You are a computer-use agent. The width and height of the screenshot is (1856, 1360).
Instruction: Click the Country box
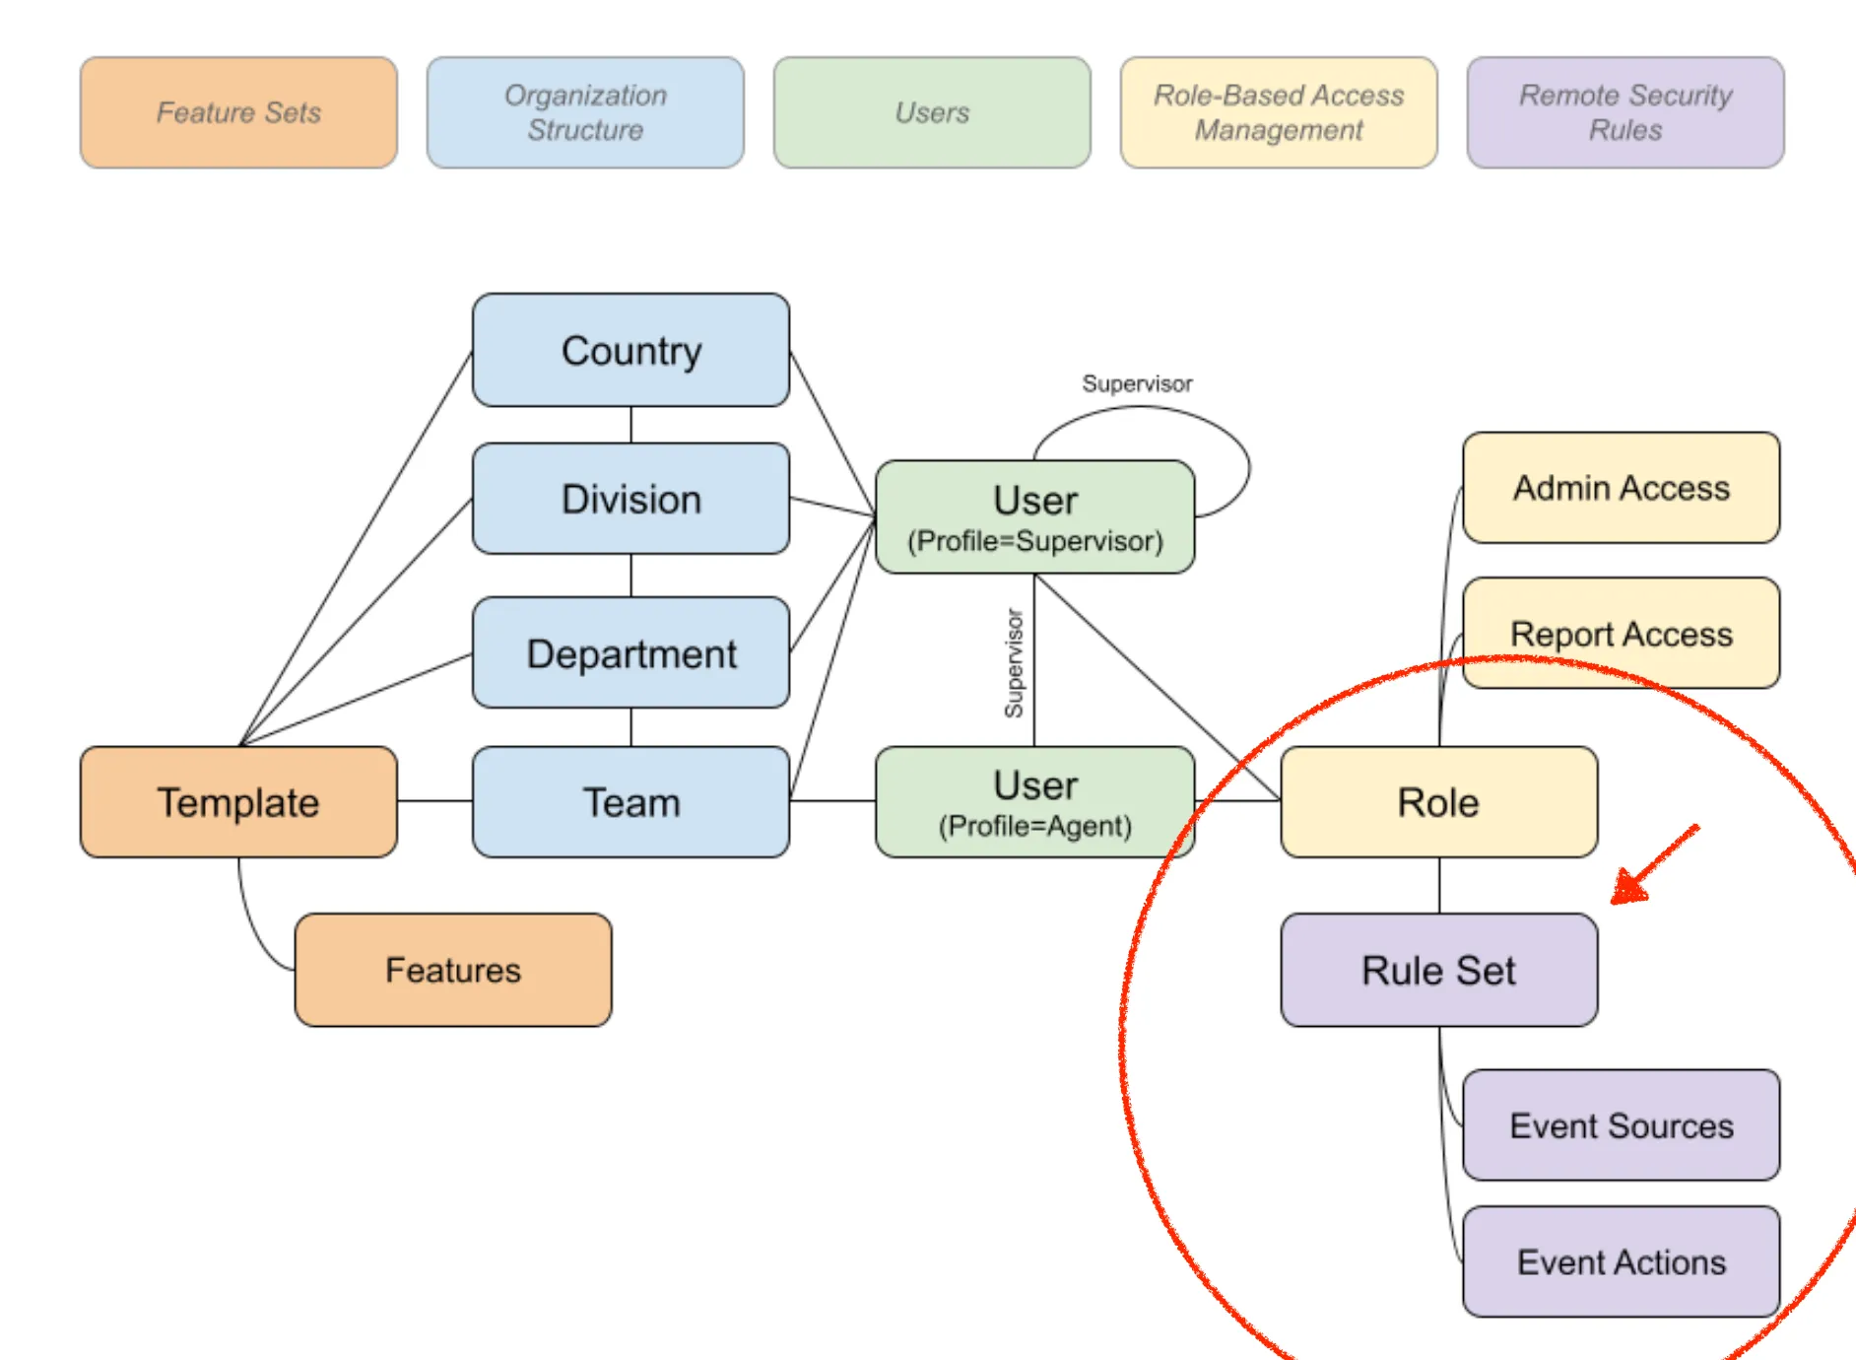pos(630,350)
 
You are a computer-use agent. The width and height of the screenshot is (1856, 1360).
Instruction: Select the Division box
pos(630,499)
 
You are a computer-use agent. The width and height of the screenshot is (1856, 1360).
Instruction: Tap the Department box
pos(630,652)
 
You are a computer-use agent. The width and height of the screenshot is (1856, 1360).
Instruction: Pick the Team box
pos(630,802)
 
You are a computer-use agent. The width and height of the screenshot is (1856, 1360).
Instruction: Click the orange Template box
pos(238,802)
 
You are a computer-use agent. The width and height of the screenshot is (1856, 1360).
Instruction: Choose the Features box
pos(453,970)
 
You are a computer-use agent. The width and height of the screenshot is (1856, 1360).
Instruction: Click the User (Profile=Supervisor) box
pos(1035,516)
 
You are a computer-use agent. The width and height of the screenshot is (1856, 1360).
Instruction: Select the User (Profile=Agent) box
pos(1035,802)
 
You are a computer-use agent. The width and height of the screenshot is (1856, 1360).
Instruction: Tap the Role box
pos(1439,802)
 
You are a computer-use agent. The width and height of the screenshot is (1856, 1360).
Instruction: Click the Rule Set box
pos(1439,970)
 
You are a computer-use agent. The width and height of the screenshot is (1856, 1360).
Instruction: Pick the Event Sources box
pos(1622,1124)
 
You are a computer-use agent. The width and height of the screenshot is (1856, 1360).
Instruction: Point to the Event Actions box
pos(1622,1261)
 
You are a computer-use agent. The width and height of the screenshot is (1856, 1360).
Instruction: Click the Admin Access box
pos(1622,488)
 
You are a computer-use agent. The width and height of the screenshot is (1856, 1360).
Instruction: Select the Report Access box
pos(1622,633)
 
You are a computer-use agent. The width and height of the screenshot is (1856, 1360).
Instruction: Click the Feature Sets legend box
pos(238,112)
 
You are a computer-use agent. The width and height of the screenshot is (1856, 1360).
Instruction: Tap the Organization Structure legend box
pos(585,112)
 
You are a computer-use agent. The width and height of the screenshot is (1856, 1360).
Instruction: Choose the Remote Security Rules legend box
pos(1625,112)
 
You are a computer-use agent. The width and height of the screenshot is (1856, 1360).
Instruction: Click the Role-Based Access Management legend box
pos(1279,112)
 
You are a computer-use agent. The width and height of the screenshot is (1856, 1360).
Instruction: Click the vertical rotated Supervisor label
pos(1014,663)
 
